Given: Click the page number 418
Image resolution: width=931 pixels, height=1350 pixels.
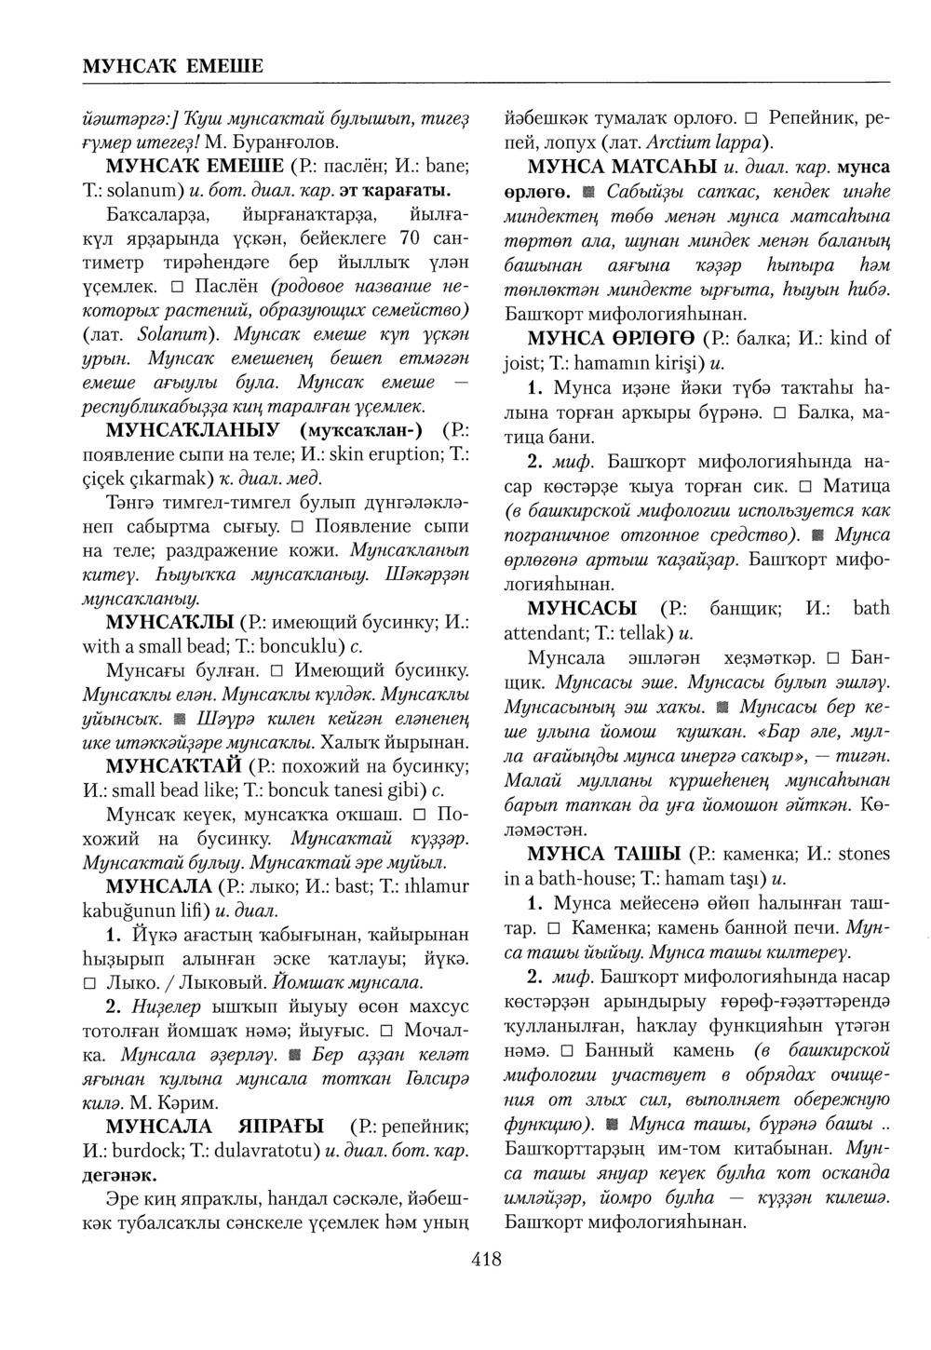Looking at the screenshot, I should [x=487, y=1261].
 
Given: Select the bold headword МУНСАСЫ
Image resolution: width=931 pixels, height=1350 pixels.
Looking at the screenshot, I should [x=582, y=609].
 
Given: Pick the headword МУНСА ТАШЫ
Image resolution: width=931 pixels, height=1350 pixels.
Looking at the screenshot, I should [x=602, y=854].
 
